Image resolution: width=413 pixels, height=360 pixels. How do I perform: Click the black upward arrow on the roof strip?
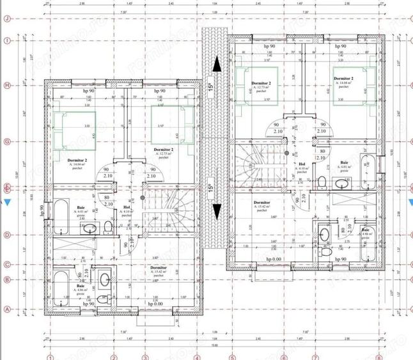pos(217,64)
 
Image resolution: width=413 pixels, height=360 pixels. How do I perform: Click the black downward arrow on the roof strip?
pos(217,211)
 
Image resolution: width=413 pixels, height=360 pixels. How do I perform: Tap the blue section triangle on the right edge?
pos(409,203)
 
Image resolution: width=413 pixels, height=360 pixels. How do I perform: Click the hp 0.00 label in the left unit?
pos(153,304)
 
